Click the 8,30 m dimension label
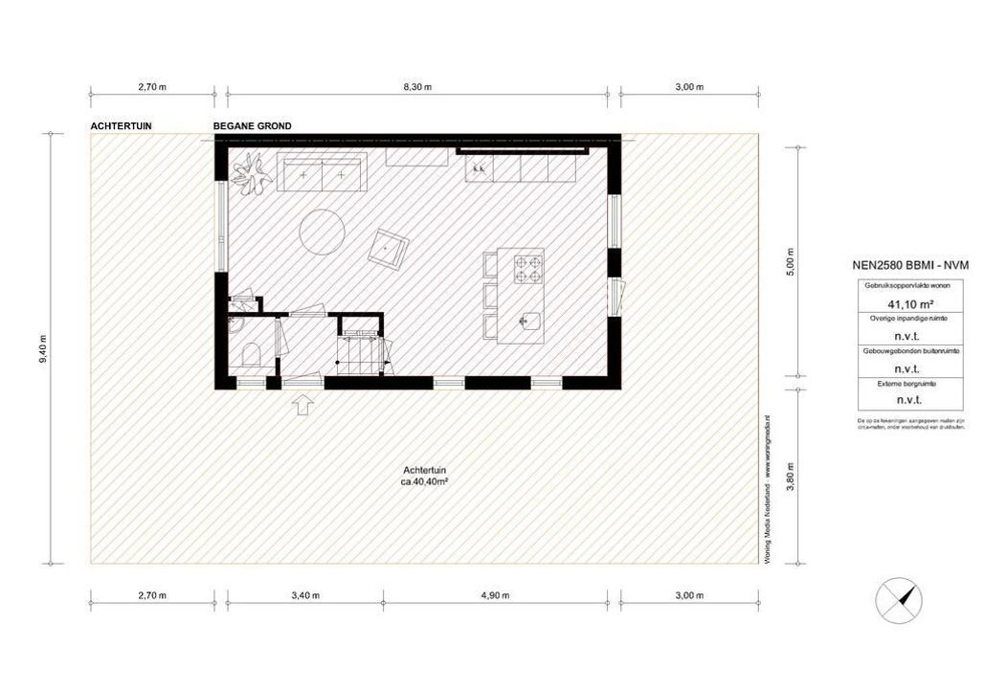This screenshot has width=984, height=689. coord(418,87)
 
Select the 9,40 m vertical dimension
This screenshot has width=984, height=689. coord(42,348)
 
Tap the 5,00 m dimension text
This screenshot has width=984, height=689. coord(790,260)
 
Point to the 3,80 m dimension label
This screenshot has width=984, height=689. coord(790,476)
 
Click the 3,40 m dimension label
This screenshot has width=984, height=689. coord(303,595)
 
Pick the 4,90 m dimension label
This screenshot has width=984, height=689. coord(495,595)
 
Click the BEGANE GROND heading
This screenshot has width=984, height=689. coord(253,126)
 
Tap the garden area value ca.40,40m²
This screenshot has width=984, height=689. coord(425,483)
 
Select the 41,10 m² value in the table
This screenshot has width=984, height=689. coord(896,304)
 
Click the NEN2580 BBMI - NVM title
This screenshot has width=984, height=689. coord(896,267)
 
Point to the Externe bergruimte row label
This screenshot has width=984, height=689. coord(896,384)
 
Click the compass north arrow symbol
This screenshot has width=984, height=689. coord(900,602)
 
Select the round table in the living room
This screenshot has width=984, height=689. coord(323,232)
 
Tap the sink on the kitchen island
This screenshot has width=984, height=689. coord(526,321)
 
